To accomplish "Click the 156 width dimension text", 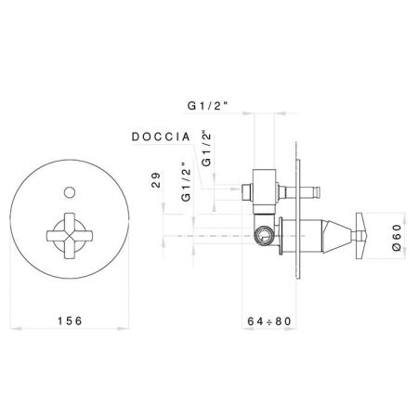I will pos(71,321).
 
